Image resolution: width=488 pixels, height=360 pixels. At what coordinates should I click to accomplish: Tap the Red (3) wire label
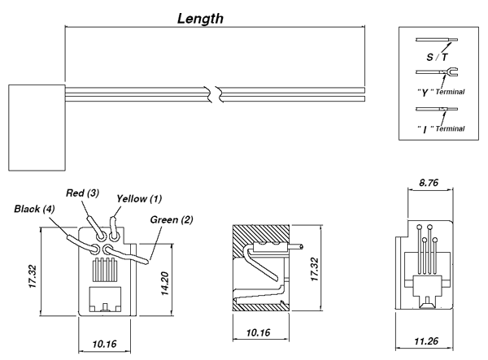pos(83,193)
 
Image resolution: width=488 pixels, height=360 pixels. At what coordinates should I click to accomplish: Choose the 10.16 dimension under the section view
pos(257,332)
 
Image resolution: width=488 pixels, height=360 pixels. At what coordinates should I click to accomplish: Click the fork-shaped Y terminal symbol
pos(448,75)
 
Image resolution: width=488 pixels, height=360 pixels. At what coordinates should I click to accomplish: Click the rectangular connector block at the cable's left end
pos(35,127)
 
